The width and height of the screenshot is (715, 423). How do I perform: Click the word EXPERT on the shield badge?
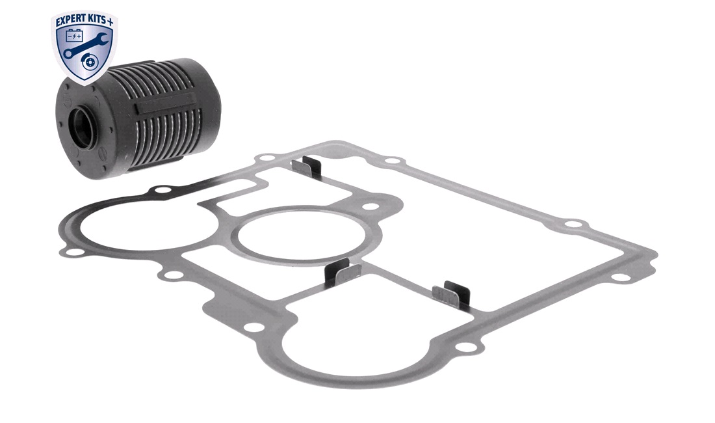point(71,20)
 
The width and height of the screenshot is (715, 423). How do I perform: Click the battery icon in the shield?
point(74,34)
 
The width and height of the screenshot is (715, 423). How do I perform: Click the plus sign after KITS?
point(112,21)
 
